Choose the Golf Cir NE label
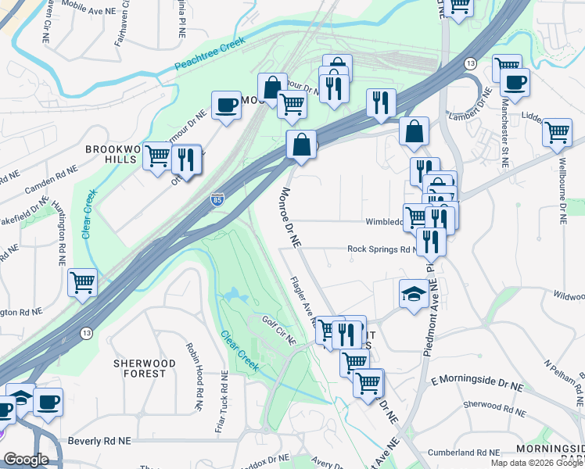(x=278, y=330)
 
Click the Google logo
(x=26, y=459)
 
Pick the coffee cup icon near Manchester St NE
(x=515, y=82)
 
